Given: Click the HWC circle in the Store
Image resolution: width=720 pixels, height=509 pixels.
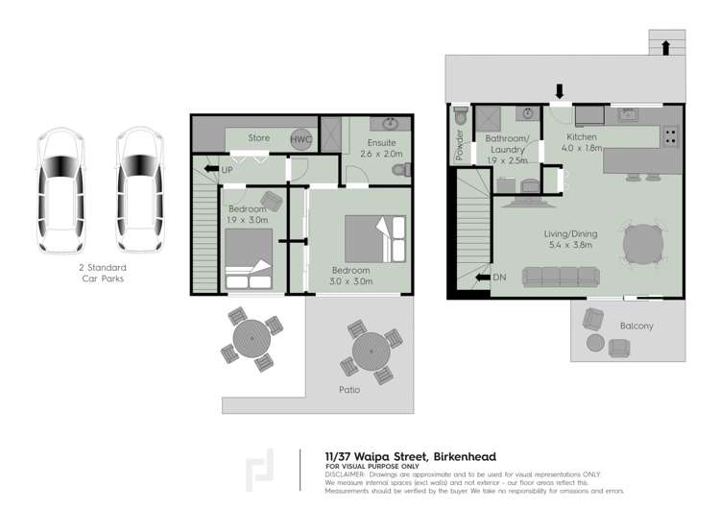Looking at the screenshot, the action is [301, 138].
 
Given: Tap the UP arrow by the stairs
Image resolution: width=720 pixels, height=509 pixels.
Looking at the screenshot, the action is [212, 169].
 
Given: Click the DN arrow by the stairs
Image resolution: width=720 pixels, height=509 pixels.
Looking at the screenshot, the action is [483, 278].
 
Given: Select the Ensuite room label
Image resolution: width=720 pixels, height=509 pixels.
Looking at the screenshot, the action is [381, 143].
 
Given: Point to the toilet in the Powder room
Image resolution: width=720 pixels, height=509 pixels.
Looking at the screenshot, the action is [460, 115].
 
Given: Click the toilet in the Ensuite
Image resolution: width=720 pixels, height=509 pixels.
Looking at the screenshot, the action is [402, 170].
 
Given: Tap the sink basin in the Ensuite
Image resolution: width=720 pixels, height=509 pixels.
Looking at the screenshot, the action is [391, 123].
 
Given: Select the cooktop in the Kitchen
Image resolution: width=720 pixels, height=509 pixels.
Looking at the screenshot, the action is [670, 136].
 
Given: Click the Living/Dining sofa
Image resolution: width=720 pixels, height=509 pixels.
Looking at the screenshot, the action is [561, 277].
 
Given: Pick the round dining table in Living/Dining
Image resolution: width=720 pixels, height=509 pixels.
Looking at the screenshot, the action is [643, 244].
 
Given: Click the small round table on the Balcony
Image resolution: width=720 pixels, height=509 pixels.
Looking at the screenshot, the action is [595, 343].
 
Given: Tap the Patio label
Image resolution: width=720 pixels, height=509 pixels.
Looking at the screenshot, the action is [349, 390].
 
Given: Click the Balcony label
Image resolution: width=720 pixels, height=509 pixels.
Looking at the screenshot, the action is [636, 326].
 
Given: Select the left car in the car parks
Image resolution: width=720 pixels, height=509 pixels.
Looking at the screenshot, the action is [61, 190].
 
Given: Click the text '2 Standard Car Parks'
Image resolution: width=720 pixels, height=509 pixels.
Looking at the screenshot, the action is [103, 273].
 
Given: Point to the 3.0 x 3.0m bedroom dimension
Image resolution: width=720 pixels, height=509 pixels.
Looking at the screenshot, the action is [350, 281].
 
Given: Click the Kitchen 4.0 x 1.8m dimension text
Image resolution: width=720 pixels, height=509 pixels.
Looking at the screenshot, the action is [582, 148].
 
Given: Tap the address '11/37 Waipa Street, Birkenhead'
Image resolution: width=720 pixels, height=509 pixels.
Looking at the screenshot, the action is [411, 456].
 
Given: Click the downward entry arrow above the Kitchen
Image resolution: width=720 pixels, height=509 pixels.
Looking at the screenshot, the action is [560, 91].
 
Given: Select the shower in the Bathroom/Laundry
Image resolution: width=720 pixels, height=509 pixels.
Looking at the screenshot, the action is [488, 118].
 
